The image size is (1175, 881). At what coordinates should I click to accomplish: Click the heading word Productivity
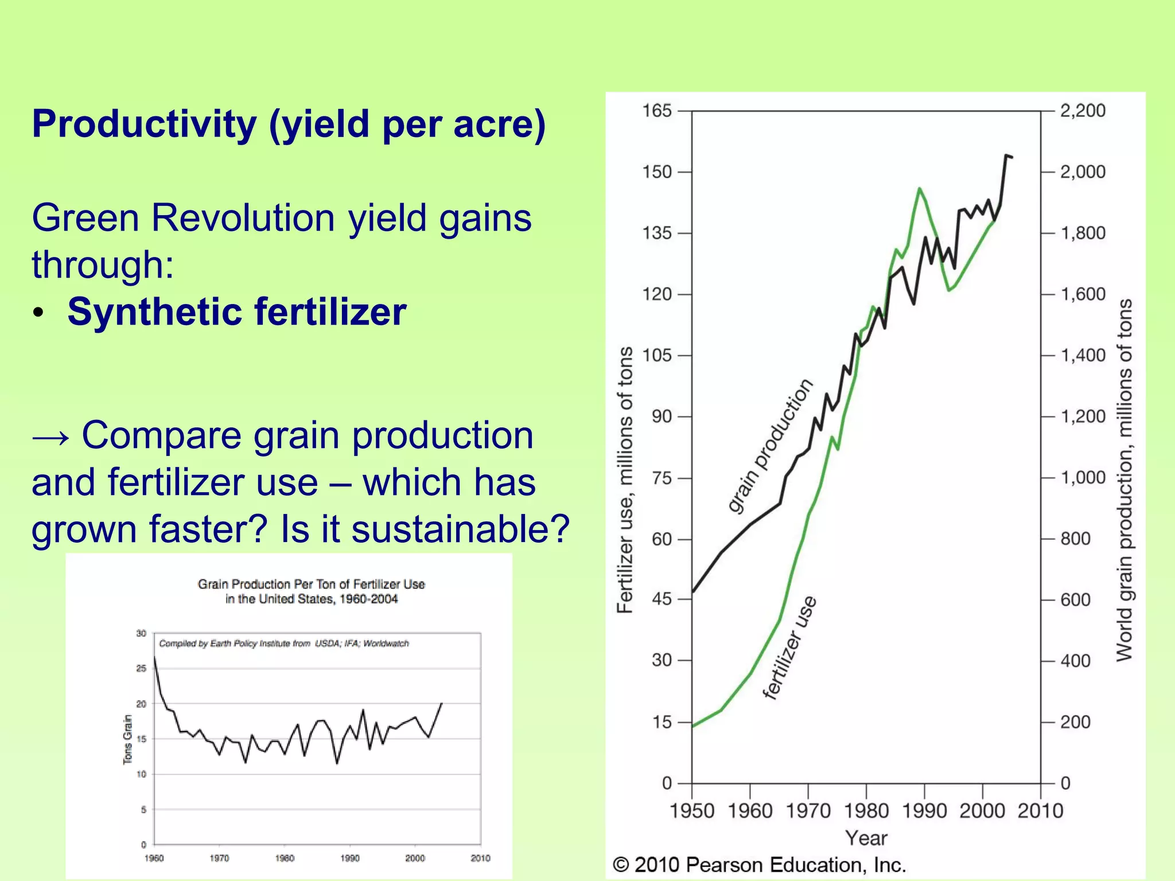point(143,124)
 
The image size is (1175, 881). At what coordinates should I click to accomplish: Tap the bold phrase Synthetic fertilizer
point(236,312)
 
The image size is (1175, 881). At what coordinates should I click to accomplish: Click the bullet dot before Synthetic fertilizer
point(38,313)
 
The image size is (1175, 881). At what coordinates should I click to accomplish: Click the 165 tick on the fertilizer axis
point(656,111)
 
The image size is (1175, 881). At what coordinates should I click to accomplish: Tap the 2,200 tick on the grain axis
point(1082,111)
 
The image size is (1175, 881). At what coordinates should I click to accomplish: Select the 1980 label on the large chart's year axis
point(866,811)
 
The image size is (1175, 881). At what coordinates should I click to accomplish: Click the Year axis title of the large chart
point(866,839)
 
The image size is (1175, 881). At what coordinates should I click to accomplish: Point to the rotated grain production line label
point(771,446)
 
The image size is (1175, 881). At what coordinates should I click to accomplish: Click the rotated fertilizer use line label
point(789,648)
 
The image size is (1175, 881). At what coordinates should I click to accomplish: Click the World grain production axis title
point(1125,480)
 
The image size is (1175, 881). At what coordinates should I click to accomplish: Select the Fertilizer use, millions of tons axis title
point(625,480)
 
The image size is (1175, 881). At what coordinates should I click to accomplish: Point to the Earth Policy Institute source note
point(284,644)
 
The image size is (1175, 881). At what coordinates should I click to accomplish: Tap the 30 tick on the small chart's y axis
point(141,633)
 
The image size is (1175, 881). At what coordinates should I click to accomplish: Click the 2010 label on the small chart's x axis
point(480,859)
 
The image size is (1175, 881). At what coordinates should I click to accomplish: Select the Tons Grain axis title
point(127,739)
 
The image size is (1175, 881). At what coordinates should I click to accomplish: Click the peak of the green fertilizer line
point(919,188)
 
